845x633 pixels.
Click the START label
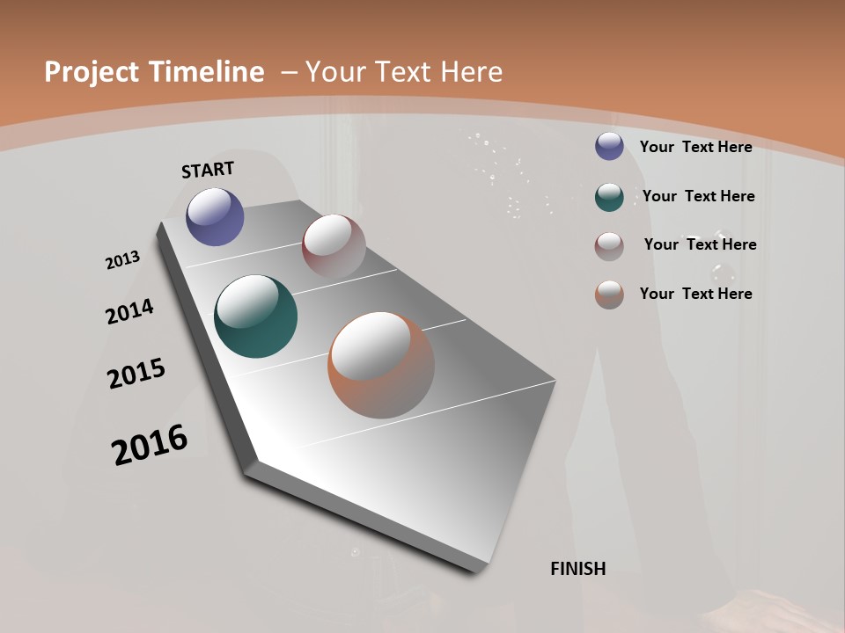[x=208, y=170]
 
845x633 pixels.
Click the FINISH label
[x=577, y=569]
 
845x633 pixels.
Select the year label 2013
[x=122, y=260]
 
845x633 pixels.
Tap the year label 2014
[x=129, y=312]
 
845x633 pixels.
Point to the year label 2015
[x=136, y=374]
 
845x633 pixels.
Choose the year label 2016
[x=150, y=445]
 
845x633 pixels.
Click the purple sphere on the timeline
[x=215, y=216]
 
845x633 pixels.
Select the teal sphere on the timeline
[x=255, y=316]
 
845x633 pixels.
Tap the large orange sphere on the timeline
[x=380, y=365]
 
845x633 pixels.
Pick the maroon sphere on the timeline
[x=334, y=245]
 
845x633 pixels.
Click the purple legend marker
[x=609, y=146]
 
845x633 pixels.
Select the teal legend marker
[x=609, y=196]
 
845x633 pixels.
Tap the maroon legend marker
[x=609, y=246]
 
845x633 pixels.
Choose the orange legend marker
[x=609, y=295]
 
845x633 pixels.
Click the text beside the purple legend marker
[x=695, y=147]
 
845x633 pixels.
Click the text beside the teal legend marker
[x=698, y=196]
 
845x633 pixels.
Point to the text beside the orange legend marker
[x=695, y=294]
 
